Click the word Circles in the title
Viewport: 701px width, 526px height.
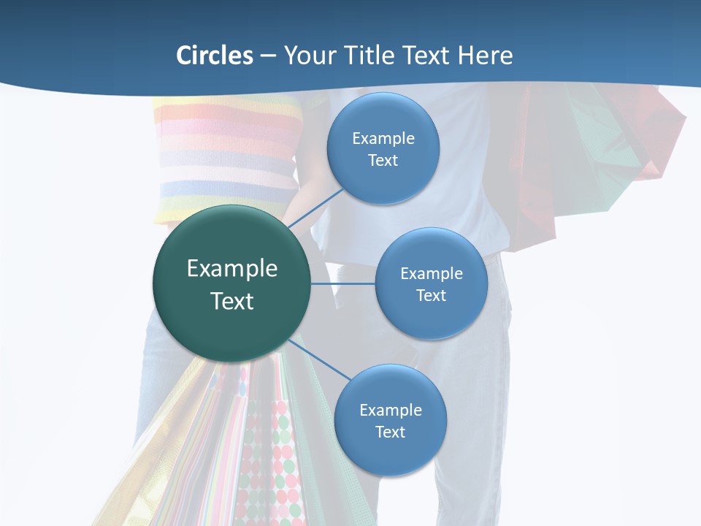click(x=215, y=56)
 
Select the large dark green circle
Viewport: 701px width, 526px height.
click(x=232, y=283)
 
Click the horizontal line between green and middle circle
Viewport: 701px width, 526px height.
click(x=343, y=283)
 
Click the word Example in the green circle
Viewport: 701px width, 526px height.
click(x=232, y=269)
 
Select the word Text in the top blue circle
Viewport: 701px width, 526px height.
click(x=383, y=161)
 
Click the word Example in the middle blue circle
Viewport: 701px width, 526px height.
click(x=431, y=274)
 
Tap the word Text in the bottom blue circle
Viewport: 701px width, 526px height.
click(x=390, y=432)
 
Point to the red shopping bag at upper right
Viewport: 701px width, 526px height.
click(x=537, y=161)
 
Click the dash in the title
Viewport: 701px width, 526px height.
click(x=268, y=56)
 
